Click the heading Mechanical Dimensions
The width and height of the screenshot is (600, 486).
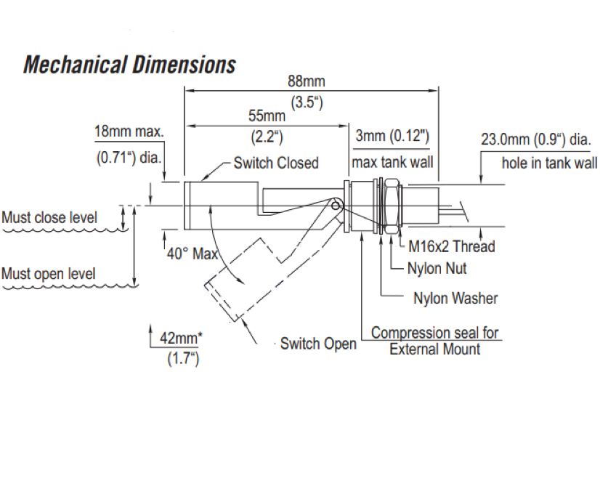click(130, 64)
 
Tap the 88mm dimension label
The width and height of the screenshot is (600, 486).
click(306, 81)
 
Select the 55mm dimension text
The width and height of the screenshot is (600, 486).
click(267, 116)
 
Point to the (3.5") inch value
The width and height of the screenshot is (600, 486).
click(307, 102)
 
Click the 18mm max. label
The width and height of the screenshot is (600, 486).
click(129, 131)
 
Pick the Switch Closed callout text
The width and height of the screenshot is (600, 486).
click(276, 163)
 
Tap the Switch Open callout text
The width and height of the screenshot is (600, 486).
click(318, 344)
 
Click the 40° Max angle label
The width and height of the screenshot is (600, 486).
click(192, 254)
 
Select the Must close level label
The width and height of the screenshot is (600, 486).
click(49, 218)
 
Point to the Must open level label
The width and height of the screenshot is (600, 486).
click(48, 274)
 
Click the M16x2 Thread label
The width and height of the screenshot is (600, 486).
click(452, 246)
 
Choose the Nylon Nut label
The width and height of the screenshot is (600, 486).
click(437, 268)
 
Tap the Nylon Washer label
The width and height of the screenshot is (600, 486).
click(455, 298)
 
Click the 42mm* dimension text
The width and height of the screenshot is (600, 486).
click(181, 338)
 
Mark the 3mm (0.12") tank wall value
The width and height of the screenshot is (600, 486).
click(392, 135)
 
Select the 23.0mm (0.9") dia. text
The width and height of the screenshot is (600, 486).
click(536, 139)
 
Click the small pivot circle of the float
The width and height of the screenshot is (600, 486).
click(335, 206)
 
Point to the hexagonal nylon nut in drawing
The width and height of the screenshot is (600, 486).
click(391, 206)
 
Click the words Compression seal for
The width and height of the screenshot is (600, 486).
click(434, 333)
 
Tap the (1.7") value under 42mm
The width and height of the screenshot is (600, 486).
click(183, 358)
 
